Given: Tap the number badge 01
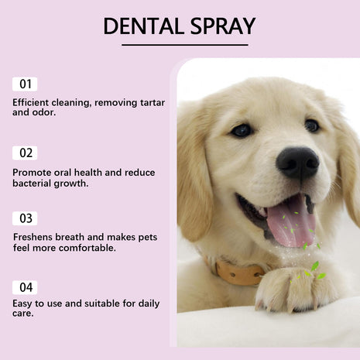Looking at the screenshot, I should tap(25, 84).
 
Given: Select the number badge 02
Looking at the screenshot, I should tap(25, 153).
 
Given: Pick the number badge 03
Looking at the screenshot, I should tap(25, 218).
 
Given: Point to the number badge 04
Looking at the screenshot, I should tap(25, 287).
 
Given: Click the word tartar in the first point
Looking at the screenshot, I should tap(149, 101).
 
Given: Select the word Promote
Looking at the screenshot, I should tap(33, 171).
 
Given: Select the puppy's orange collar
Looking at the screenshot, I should tap(240, 273).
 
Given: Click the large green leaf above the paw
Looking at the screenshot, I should tap(315, 266).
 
